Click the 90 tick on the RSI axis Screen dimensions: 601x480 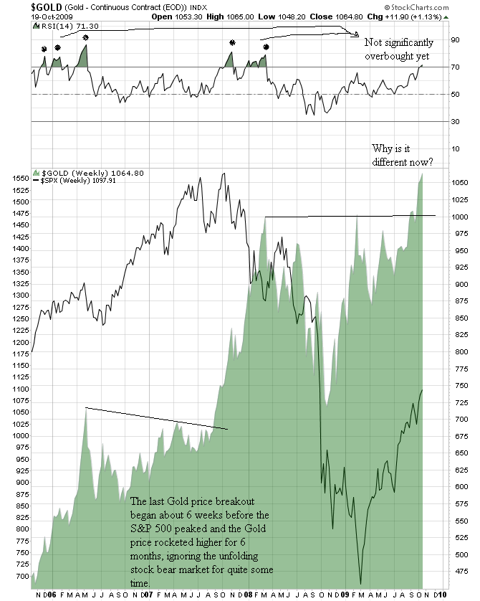[454, 40]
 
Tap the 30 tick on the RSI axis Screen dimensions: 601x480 [454, 121]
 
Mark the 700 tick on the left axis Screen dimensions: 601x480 [20, 576]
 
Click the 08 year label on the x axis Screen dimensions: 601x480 [249, 595]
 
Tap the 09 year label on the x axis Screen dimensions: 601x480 [345, 595]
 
